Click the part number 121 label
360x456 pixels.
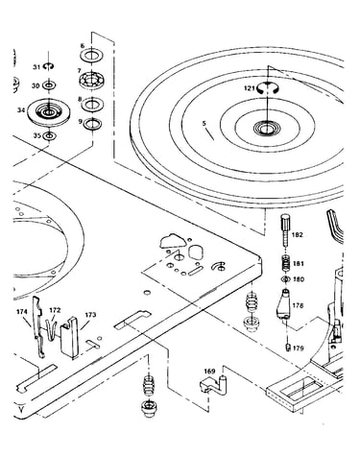pyautogui.click(x=250, y=88)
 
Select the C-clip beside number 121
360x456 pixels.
pyautogui.click(x=268, y=87)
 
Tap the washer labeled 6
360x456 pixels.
pyautogui.click(x=92, y=56)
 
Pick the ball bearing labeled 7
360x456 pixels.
pyautogui.click(x=92, y=80)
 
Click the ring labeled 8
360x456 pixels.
pyautogui.click(x=92, y=104)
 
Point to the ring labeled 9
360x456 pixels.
pyautogui.click(x=92, y=123)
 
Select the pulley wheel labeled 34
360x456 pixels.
pyautogui.click(x=48, y=112)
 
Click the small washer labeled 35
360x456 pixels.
pyautogui.click(x=49, y=136)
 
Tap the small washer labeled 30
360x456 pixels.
pyautogui.click(x=49, y=85)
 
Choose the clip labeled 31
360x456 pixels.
pyautogui.click(x=49, y=66)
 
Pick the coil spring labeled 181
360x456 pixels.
pyautogui.click(x=286, y=264)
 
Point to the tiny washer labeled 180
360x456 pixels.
pyautogui.click(x=285, y=279)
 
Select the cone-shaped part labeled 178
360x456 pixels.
pyautogui.click(x=283, y=304)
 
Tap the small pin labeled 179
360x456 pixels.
pyautogui.click(x=287, y=348)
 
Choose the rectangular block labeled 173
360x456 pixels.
pyautogui.click(x=69, y=338)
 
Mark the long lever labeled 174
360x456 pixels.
pyautogui.click(x=38, y=326)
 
